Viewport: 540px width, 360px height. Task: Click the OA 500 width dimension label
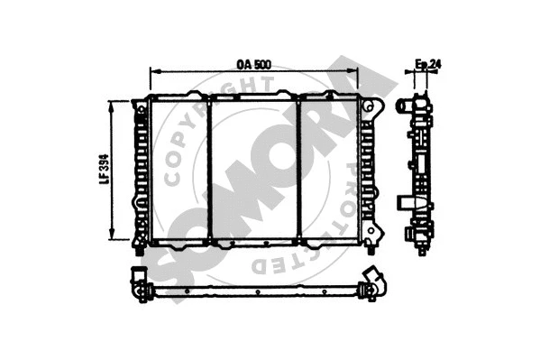(253, 65)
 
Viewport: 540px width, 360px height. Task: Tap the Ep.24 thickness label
(426, 64)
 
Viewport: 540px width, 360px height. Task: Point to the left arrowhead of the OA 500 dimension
(154, 73)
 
